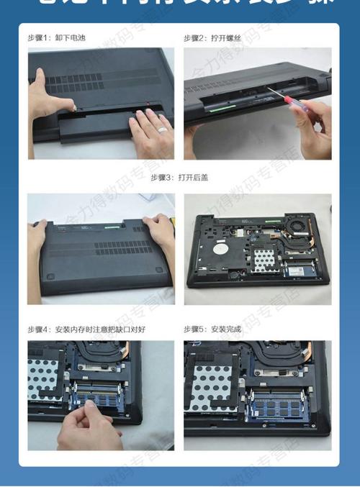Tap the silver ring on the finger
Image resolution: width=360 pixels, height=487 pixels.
[162, 129]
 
